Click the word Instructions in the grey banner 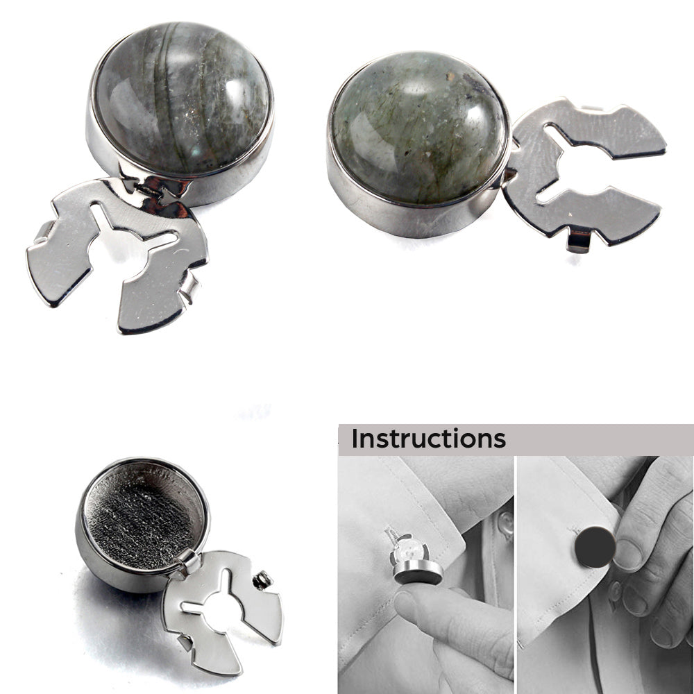[428, 439]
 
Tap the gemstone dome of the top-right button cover [418, 130]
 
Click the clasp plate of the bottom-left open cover [221, 611]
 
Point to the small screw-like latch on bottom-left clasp [262, 580]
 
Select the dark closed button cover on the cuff [595, 547]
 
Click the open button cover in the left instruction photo [414, 559]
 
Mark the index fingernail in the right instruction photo [627, 554]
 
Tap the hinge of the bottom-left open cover [188, 563]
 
